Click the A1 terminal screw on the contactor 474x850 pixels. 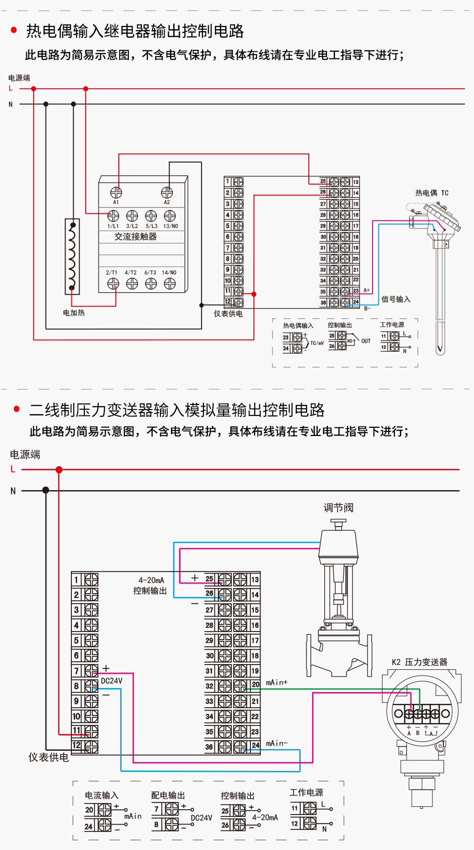(x=116, y=192)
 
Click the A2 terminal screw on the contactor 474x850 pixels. (x=167, y=192)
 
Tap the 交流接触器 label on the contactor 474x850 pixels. (x=135, y=237)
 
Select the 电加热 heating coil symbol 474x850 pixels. (x=72, y=256)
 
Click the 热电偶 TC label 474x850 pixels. (x=431, y=193)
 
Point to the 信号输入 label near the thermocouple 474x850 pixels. (x=395, y=299)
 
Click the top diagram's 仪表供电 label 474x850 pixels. (x=228, y=314)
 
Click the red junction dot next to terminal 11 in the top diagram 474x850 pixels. (x=254, y=294)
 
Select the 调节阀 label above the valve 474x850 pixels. (x=338, y=508)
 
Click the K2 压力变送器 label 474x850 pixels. (x=419, y=662)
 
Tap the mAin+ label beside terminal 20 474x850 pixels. (x=277, y=682)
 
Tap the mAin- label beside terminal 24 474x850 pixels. (x=277, y=743)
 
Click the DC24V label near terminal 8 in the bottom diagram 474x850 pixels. (x=112, y=681)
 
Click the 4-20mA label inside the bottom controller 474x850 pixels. (x=151, y=580)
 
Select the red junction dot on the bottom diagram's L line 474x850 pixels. (x=59, y=470)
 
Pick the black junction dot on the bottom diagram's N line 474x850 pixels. (x=45, y=490)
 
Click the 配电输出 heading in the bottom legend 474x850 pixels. (x=168, y=795)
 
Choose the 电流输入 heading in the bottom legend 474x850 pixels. (x=102, y=795)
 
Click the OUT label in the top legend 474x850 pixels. (x=366, y=341)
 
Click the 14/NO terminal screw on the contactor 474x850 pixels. (x=169, y=284)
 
